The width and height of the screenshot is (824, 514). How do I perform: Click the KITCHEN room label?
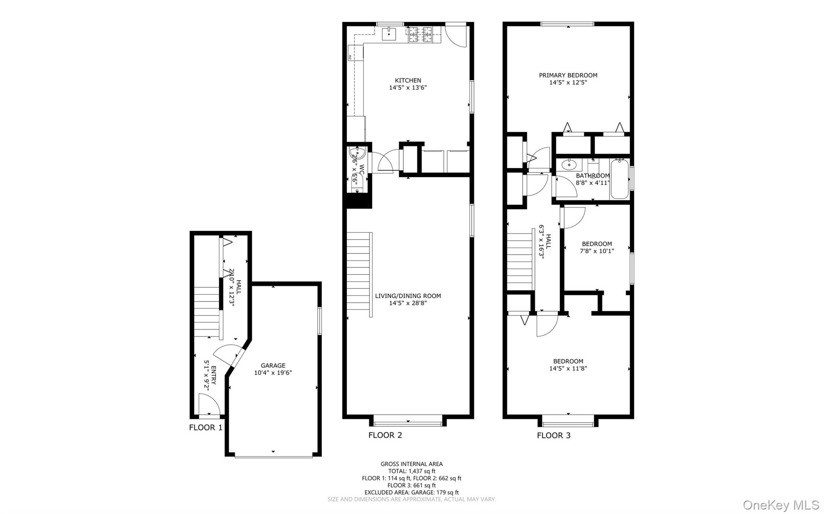(x=408, y=80)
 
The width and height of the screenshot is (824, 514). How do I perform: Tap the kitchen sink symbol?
(x=389, y=34)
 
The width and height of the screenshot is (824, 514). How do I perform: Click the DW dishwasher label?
(x=350, y=57)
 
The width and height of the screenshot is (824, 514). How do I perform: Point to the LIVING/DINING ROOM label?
(x=408, y=296)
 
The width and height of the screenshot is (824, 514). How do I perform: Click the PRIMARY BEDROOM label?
(x=568, y=75)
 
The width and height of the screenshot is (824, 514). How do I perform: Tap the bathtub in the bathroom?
(x=619, y=179)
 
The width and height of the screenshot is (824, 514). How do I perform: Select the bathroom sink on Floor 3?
(x=569, y=164)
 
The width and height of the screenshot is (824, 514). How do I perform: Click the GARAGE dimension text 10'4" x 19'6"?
(x=273, y=373)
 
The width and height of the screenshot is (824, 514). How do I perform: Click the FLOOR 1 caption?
(x=206, y=428)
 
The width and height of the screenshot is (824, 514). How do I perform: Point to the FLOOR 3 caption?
(x=554, y=435)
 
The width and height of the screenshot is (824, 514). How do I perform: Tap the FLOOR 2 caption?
(x=385, y=435)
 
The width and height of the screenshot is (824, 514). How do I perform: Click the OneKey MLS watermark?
(x=781, y=505)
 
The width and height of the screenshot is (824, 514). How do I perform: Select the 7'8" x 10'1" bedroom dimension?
(x=597, y=251)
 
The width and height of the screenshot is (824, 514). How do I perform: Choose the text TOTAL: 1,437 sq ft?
(x=411, y=471)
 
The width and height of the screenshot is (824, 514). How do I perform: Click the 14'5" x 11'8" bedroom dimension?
(x=568, y=368)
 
